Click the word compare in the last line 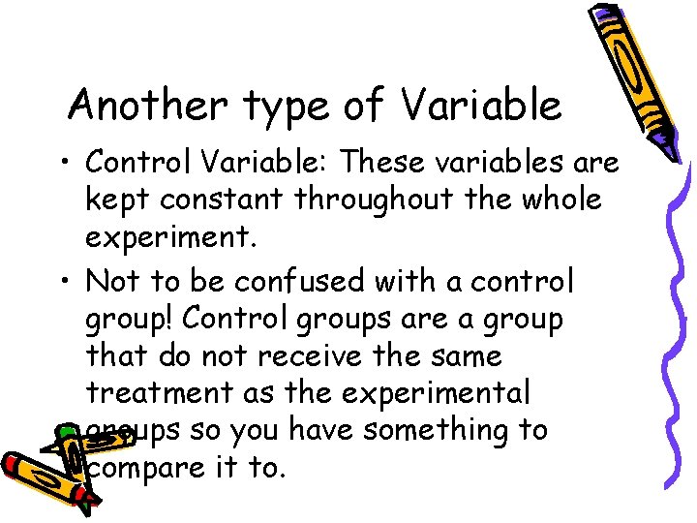pyautogui.click(x=145, y=470)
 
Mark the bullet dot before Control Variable pyautogui.click(x=64, y=163)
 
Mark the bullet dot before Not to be pyautogui.click(x=64, y=282)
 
